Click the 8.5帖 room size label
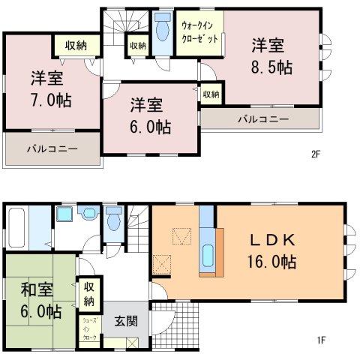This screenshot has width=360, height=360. (x=271, y=67)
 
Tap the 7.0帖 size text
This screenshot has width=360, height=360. (x=51, y=100)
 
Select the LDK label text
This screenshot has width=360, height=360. (x=272, y=240)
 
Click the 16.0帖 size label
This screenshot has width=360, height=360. (x=271, y=262)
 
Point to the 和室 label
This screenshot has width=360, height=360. (x=37, y=289)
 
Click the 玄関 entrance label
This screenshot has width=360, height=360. (x=126, y=321)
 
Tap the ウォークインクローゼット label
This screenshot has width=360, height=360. (x=199, y=32)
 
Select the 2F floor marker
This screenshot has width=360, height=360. (x=316, y=154)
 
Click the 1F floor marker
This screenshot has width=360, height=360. (x=321, y=340)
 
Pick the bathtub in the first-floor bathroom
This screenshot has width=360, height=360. (x=16, y=227)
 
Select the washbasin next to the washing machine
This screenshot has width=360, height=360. (x=88, y=213)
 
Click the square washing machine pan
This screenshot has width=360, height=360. (x=64, y=214)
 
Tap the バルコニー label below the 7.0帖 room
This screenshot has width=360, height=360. (x=52, y=149)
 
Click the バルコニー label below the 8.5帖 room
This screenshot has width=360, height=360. (x=263, y=119)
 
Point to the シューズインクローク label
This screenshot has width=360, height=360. (x=90, y=329)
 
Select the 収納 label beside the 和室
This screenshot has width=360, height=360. (x=89, y=294)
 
